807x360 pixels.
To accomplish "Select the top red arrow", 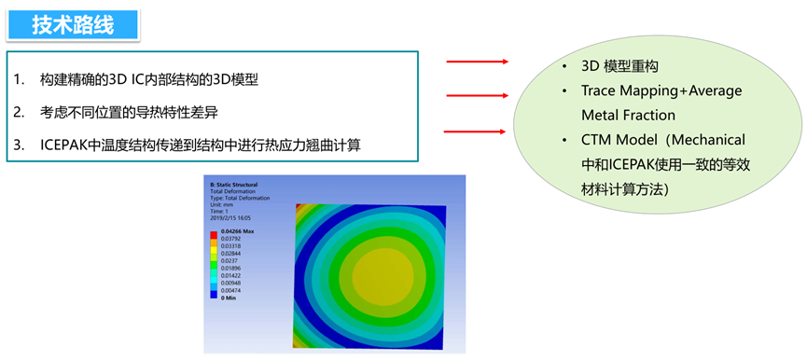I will click(477, 62).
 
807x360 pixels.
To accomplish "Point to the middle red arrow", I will click(477, 94).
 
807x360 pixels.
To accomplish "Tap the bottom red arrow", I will click(477, 132).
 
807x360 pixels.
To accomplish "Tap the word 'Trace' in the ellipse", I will click(600, 91).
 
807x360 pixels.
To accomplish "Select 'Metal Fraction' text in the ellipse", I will click(628, 115).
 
